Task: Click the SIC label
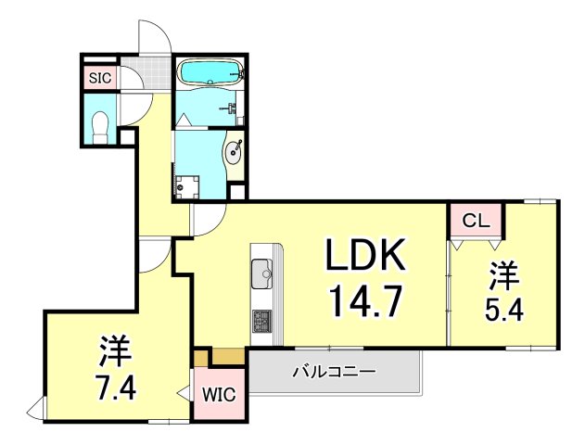click(100, 79)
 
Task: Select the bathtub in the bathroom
click(209, 72)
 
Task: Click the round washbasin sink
click(234, 150)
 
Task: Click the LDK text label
click(364, 255)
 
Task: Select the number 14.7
click(364, 299)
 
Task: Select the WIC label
click(220, 395)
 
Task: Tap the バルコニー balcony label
click(334, 373)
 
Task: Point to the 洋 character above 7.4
click(116, 350)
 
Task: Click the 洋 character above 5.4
click(503, 274)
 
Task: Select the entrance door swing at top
click(154, 40)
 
